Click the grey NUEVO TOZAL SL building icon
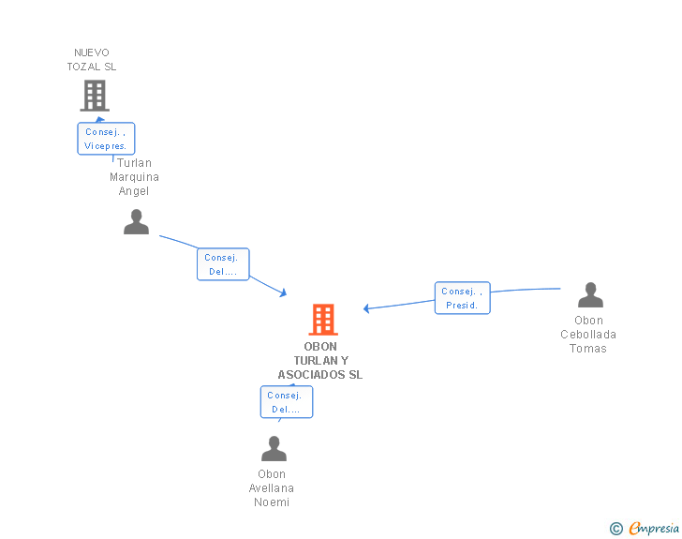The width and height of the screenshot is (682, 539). (x=95, y=96)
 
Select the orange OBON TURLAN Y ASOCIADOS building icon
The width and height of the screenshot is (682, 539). (x=323, y=320)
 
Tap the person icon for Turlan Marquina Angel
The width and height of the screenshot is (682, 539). (x=137, y=222)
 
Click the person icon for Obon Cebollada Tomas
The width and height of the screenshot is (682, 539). (x=590, y=295)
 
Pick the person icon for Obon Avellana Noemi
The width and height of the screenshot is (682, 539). (x=274, y=449)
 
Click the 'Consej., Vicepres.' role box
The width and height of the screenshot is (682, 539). (x=106, y=139)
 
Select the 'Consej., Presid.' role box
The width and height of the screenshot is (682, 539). (x=462, y=298)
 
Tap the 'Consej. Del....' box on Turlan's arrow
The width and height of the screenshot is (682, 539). (x=223, y=264)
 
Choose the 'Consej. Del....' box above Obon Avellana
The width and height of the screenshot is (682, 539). (x=286, y=402)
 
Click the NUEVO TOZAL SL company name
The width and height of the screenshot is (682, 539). (x=92, y=60)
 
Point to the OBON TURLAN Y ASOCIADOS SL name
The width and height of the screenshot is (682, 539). (x=320, y=361)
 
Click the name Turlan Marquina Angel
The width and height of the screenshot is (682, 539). (x=134, y=177)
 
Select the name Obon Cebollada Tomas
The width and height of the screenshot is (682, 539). (x=588, y=335)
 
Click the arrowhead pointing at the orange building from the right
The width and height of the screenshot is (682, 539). (x=367, y=307)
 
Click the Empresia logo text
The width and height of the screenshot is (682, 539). (x=653, y=529)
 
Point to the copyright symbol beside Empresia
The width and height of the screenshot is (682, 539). (x=616, y=530)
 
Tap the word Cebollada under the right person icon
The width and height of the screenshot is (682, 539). (x=588, y=335)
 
